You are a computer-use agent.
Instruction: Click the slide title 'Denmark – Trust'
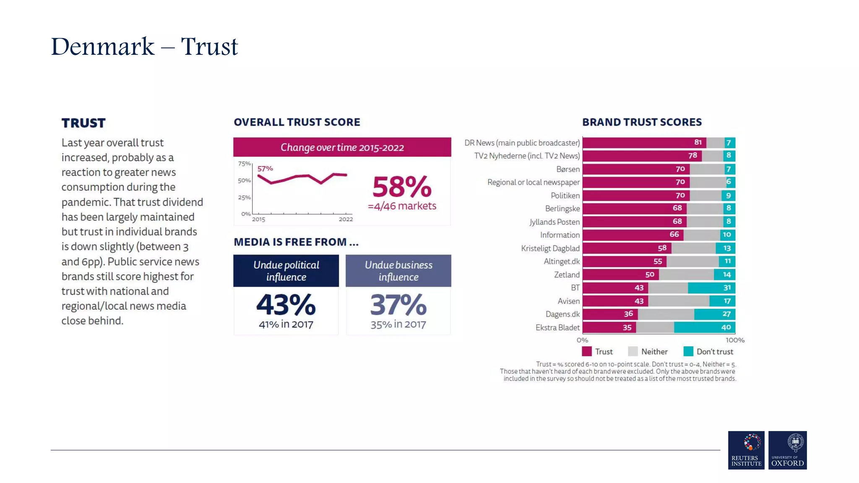[x=144, y=46]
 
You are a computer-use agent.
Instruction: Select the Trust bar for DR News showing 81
[x=644, y=143]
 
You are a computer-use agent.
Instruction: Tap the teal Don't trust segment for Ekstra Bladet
[x=704, y=327]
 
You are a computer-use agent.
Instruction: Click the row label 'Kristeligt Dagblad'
[x=550, y=248]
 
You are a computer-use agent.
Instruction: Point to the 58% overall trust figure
[x=402, y=187]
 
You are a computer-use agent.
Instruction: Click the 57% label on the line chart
[x=265, y=169]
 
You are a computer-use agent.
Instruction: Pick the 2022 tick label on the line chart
[x=346, y=219]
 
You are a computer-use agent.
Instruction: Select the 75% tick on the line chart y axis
[x=244, y=164]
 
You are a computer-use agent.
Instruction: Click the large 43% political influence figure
[x=286, y=305]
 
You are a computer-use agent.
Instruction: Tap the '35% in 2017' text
[x=398, y=324]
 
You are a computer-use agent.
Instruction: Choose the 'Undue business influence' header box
[x=398, y=271]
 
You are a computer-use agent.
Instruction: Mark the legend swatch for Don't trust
[x=688, y=351]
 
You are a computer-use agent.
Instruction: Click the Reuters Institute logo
[x=746, y=450]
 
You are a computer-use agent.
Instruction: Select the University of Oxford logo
[x=787, y=450]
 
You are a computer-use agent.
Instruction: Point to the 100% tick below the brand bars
[x=735, y=340]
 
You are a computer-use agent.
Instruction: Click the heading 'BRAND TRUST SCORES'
[x=642, y=122]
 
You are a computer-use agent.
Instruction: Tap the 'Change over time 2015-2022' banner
[x=342, y=147]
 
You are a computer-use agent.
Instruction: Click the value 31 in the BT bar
[x=727, y=288]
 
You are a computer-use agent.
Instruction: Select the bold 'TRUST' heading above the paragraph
[x=83, y=123]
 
